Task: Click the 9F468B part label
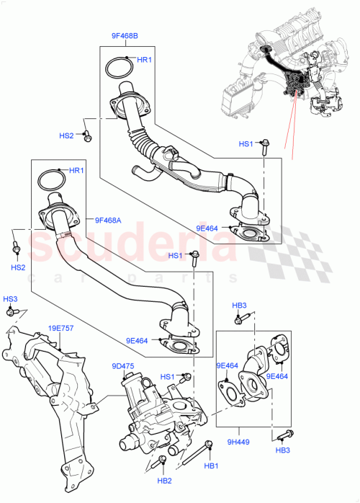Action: click(125, 35)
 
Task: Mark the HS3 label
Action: click(9, 299)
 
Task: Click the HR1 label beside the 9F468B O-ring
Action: click(145, 60)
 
